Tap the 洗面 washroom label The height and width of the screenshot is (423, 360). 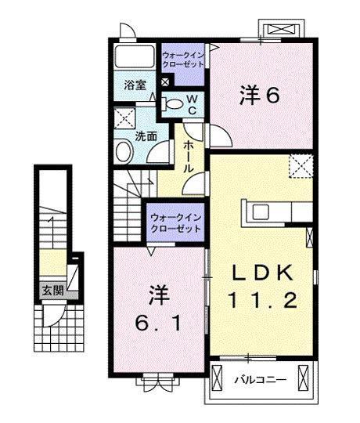(x=146, y=135)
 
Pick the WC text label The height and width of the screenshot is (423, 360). (x=193, y=103)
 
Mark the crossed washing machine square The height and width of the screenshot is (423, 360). (x=124, y=121)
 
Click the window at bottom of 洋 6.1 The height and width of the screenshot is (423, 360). (x=158, y=383)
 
